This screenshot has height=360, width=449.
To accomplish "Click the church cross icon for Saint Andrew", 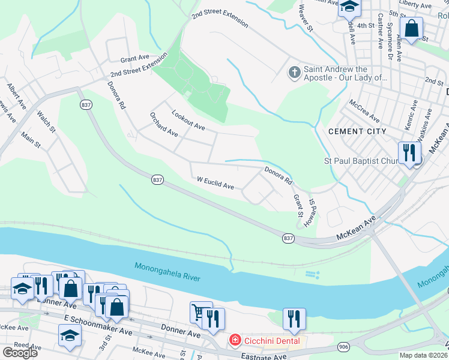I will click(x=294, y=73).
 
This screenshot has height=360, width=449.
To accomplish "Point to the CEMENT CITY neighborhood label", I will click(x=354, y=131).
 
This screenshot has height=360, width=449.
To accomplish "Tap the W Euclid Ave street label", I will click(x=215, y=183).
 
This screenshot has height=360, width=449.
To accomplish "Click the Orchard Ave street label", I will click(x=164, y=124).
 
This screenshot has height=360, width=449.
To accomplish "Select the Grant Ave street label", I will click(x=134, y=59).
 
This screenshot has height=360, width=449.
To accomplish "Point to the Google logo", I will click(x=20, y=353).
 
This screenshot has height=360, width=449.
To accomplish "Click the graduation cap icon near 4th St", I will click(x=349, y=7).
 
